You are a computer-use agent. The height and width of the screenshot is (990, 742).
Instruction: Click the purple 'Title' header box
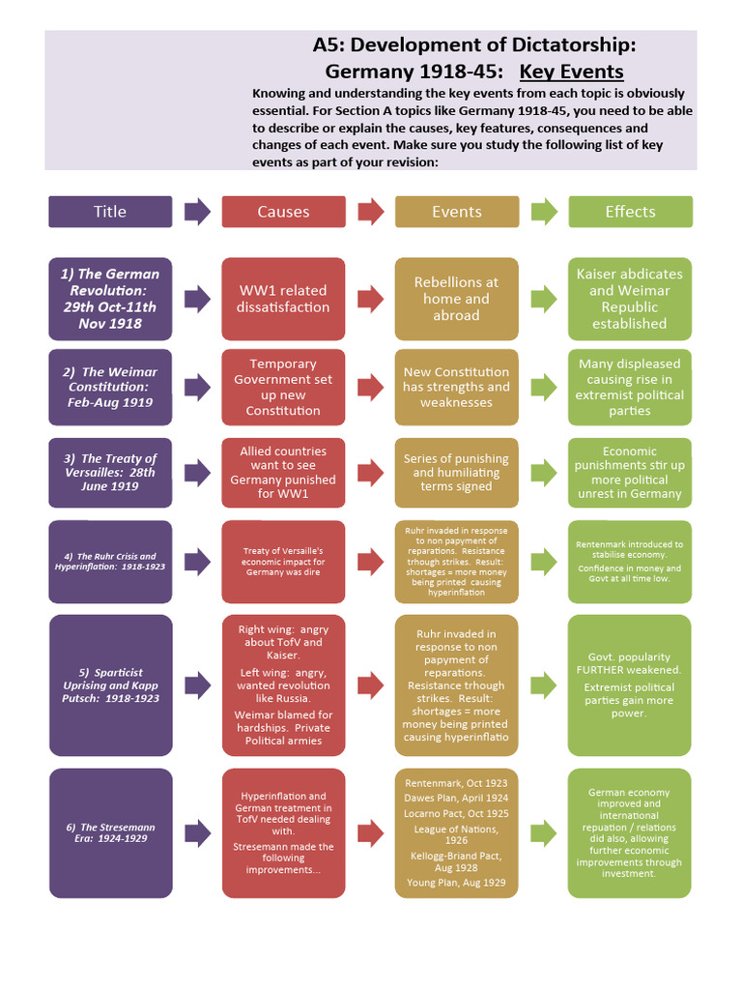110,212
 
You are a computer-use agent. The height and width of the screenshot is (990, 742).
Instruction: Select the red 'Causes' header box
283,212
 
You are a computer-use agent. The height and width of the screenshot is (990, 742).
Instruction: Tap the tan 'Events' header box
456,212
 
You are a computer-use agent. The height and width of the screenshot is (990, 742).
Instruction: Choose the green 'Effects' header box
630,212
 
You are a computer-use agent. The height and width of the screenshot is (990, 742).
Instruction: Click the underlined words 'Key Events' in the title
571,72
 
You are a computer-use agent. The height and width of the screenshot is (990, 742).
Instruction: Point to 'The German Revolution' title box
110,299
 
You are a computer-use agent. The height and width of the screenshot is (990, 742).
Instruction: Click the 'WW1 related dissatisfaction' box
283,299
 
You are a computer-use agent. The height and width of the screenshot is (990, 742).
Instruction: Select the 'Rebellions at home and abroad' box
456,299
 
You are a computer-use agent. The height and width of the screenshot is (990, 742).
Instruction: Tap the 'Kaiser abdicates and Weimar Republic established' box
630,299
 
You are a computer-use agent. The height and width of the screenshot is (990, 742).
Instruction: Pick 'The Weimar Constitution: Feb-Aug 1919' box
110,387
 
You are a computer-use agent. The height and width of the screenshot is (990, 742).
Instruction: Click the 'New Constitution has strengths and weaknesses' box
456,387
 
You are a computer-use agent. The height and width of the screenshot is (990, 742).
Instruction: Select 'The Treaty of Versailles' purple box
110,472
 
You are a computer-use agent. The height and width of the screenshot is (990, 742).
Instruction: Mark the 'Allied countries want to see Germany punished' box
283,472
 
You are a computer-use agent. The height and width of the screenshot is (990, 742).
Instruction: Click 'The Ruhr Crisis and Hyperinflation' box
110,562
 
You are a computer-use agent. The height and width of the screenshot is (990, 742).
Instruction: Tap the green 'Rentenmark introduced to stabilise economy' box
630,562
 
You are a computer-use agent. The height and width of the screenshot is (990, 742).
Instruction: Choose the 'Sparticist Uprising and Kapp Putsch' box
110,685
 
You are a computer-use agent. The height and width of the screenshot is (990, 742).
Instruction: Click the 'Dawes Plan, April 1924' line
456,798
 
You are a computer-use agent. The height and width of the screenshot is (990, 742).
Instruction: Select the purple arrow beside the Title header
197,212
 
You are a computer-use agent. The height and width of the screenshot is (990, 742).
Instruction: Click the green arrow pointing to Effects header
544,212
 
